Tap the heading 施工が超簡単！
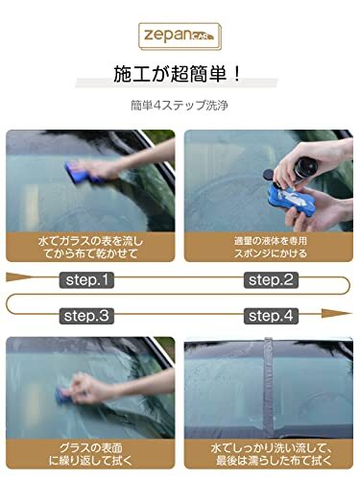click(180, 75)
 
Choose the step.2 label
click(270, 280)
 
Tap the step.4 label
click(270, 315)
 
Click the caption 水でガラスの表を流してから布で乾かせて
click(90, 244)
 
